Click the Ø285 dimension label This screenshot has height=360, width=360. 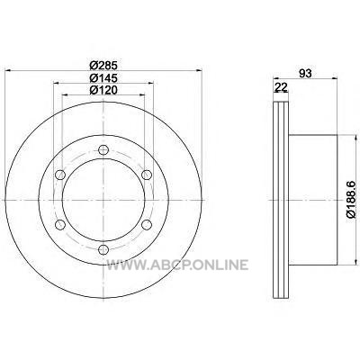[103, 65]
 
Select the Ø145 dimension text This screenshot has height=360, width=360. [103, 78]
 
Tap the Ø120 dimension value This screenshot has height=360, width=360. [103, 90]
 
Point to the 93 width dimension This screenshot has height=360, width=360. [305, 73]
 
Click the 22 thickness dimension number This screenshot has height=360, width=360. [282, 87]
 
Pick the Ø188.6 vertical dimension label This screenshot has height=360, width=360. [351, 199]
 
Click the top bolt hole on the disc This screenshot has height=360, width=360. [103, 149]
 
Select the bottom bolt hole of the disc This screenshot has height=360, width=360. [103, 249]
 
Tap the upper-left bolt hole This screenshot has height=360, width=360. [60, 175]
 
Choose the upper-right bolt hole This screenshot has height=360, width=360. [147, 175]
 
